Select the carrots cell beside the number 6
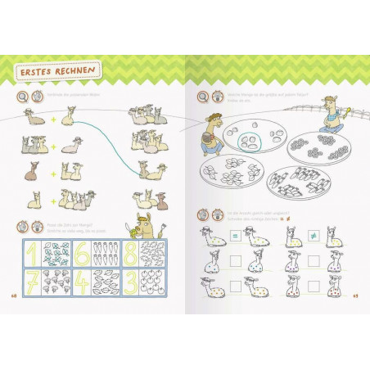click(106, 253)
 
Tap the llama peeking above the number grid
click(144, 228)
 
